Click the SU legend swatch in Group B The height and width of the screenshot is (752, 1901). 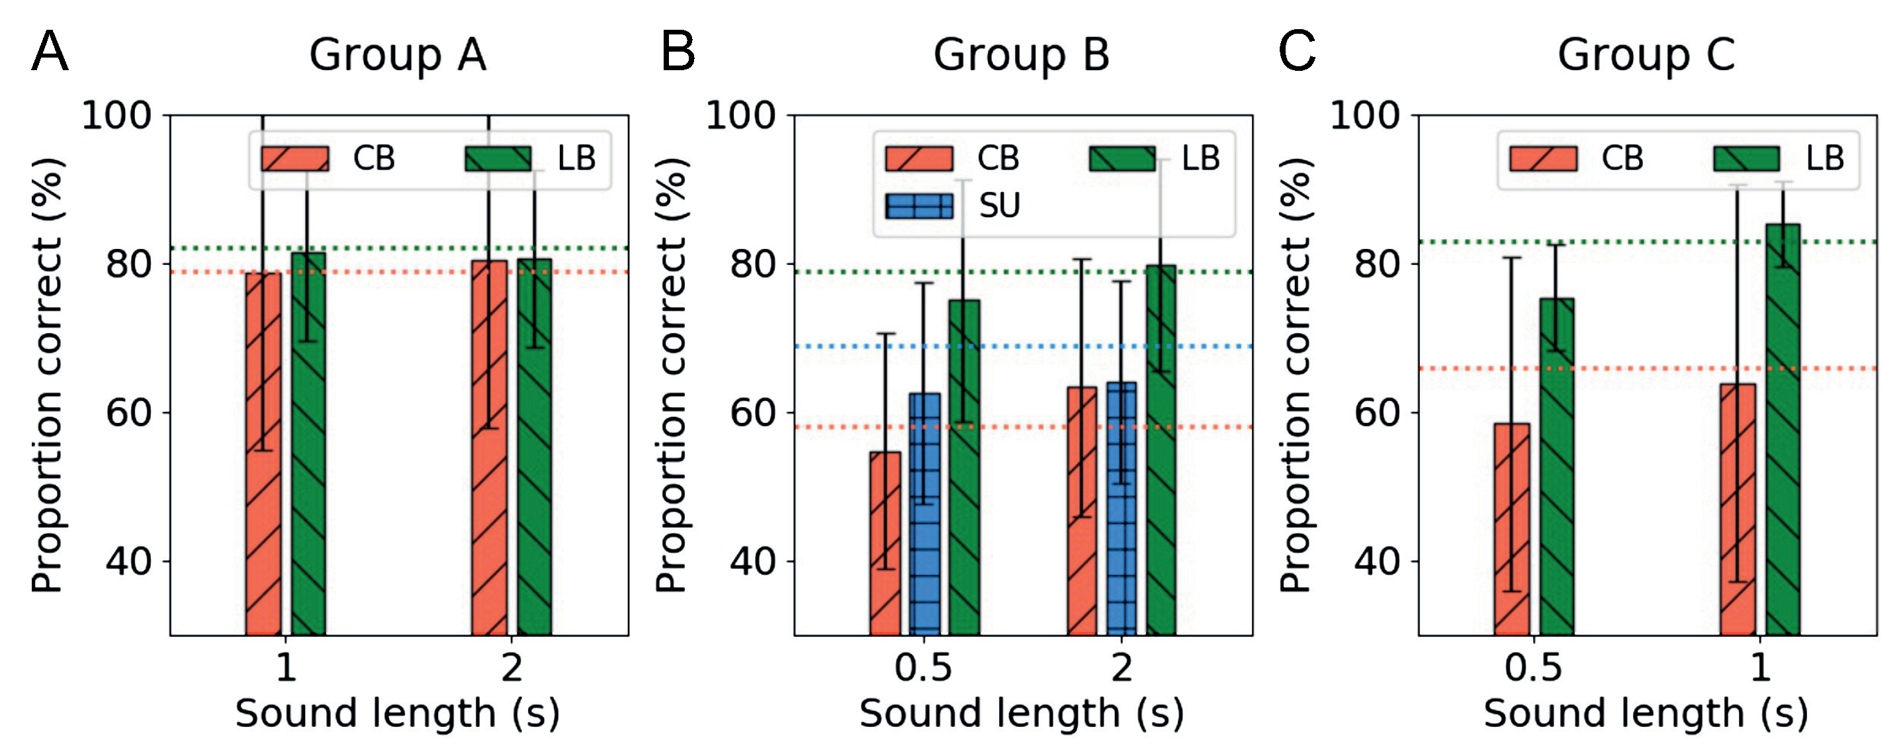pyautogui.click(x=919, y=206)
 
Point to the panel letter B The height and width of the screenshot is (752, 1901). pyautogui.click(x=678, y=52)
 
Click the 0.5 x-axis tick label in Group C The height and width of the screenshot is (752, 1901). pyautogui.click(x=1534, y=668)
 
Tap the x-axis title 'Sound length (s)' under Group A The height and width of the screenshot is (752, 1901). pyautogui.click(x=398, y=714)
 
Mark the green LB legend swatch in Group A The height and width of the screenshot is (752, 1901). pyautogui.click(x=498, y=159)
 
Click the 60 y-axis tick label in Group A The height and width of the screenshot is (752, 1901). pyautogui.click(x=128, y=412)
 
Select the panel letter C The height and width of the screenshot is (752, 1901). pyautogui.click(x=1297, y=52)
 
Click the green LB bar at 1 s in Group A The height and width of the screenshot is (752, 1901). pyautogui.click(x=308, y=444)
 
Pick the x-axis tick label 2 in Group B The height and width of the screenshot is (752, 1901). pyautogui.click(x=1122, y=668)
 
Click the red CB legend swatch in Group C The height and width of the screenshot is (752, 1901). pyautogui.click(x=1543, y=159)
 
